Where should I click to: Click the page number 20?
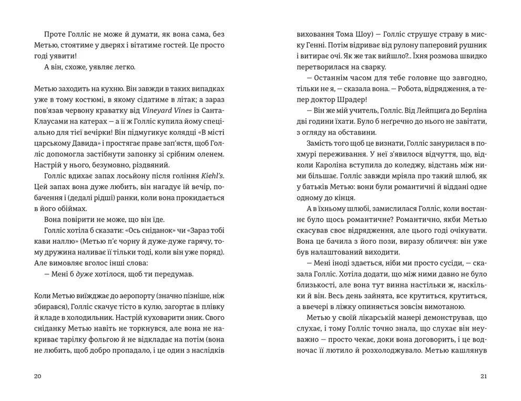pos(36,376)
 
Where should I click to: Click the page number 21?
pos(484,376)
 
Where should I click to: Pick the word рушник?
pos(472,39)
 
